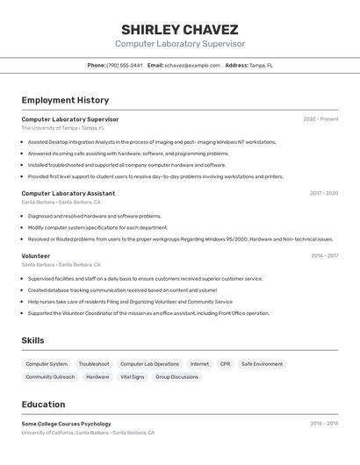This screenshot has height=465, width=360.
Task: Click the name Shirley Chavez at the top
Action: [179, 29]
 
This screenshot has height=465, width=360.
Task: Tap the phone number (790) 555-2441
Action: [125, 65]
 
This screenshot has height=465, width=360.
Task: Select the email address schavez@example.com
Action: [191, 65]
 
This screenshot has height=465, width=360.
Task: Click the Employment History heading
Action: [65, 100]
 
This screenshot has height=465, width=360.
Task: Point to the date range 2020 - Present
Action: [320, 119]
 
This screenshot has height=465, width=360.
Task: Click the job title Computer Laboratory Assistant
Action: [68, 193]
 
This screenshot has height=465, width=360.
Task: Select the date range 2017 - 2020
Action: [324, 193]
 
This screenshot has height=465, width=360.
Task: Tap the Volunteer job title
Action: [36, 256]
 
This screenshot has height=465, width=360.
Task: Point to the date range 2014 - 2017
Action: [324, 256]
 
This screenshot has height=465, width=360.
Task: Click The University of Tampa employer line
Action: [62, 128]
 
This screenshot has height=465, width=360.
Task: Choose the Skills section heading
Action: [32, 340]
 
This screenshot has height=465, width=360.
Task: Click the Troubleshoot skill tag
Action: [94, 364]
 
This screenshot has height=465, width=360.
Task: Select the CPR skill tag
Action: [225, 364]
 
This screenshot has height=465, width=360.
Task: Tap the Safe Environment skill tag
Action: [262, 364]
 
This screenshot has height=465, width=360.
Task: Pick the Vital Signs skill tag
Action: [132, 377]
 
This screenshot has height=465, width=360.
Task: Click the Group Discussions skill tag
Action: [177, 377]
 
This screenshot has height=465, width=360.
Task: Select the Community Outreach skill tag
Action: [50, 377]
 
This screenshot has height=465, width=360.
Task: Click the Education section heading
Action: [43, 404]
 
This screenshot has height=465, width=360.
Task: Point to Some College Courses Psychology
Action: [66, 424]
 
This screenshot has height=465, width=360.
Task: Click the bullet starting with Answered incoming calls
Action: [128, 153]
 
